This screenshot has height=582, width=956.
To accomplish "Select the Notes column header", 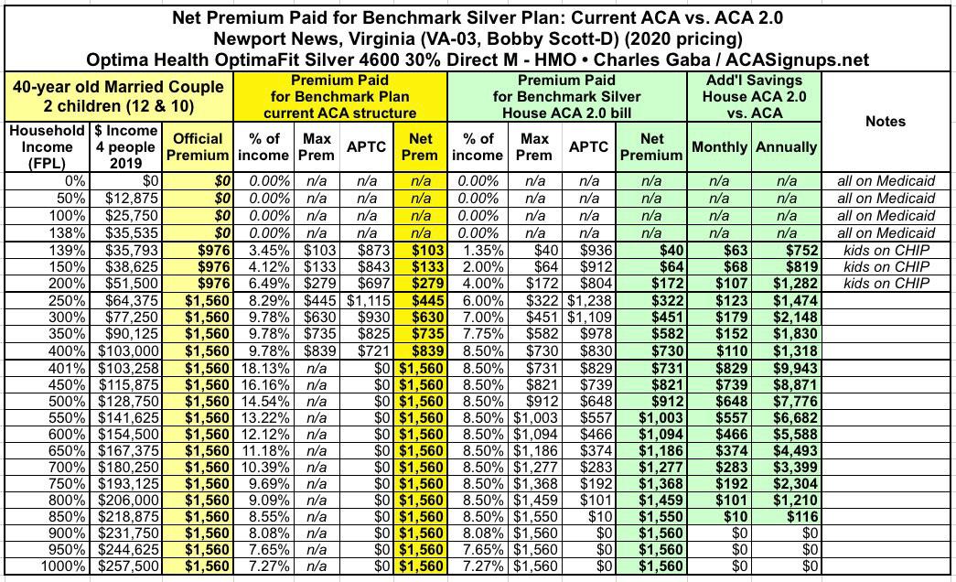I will click(884, 121).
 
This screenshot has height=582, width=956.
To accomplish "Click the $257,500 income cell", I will click(124, 566).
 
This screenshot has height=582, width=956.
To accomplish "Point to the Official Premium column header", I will click(198, 146).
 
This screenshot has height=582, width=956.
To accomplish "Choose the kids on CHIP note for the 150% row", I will click(885, 267).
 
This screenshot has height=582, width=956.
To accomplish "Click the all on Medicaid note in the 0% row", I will click(885, 181).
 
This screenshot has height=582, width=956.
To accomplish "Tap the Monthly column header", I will click(720, 146).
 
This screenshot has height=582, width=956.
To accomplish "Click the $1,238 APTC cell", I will click(587, 300).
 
